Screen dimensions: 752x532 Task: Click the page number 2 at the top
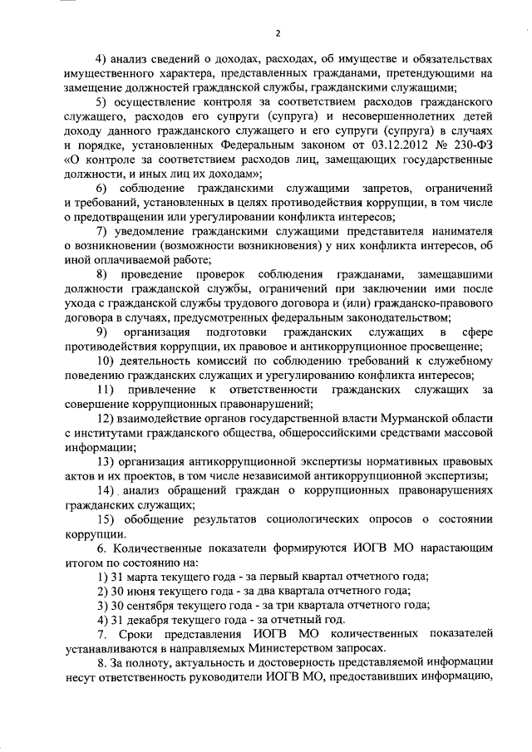click(277, 33)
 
